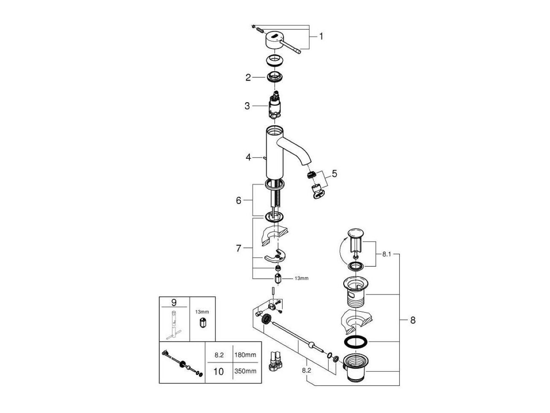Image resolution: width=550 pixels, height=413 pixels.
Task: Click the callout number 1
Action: pyautogui.click(x=321, y=36)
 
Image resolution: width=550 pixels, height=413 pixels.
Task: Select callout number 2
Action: pyautogui.click(x=248, y=77)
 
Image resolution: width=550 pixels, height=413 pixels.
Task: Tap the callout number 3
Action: pyautogui.click(x=247, y=106)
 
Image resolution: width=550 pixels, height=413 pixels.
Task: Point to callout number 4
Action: pyautogui.click(x=248, y=157)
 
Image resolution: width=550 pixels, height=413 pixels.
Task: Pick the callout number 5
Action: pyautogui.click(x=334, y=173)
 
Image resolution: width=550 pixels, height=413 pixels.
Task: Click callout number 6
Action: pyautogui.click(x=239, y=200)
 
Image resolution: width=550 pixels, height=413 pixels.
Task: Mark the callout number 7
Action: pyautogui.click(x=239, y=248)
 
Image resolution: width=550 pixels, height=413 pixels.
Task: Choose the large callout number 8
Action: pyautogui.click(x=412, y=320)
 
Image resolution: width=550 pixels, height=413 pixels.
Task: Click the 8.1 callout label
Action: pyautogui.click(x=387, y=255)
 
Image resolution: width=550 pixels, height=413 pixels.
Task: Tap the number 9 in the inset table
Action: pyautogui.click(x=174, y=302)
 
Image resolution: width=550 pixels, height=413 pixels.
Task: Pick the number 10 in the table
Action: pyautogui.click(x=218, y=371)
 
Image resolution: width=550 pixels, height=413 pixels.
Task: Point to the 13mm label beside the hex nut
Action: pyautogui.click(x=301, y=278)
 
